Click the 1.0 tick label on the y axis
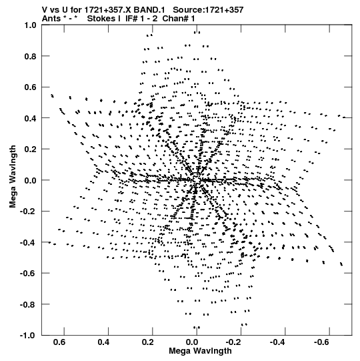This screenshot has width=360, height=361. (x=30, y=25)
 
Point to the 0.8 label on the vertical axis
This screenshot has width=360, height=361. (x=30, y=56)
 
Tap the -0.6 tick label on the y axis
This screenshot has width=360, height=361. (x=28, y=274)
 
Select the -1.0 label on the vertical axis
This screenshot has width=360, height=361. (x=28, y=335)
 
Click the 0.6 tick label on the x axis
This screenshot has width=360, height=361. (x=59, y=342)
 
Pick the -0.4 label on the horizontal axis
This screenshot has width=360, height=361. (x=277, y=342)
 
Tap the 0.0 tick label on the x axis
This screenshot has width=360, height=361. (x=192, y=342)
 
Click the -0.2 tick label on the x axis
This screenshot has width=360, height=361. (x=233, y=342)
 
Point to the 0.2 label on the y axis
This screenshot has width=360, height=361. (x=30, y=149)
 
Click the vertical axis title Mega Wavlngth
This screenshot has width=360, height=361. (x=13, y=177)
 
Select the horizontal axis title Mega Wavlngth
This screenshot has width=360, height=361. (x=200, y=351)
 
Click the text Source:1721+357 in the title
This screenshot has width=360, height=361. (x=208, y=10)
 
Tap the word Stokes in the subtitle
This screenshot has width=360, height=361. (x=101, y=19)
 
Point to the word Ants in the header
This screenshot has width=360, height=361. (x=51, y=19)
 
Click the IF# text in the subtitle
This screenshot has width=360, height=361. (x=131, y=19)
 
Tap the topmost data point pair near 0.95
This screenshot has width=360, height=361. (x=197, y=33)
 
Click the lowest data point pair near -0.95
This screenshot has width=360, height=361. (x=197, y=328)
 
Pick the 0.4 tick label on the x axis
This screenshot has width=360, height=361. (x=103, y=342)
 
